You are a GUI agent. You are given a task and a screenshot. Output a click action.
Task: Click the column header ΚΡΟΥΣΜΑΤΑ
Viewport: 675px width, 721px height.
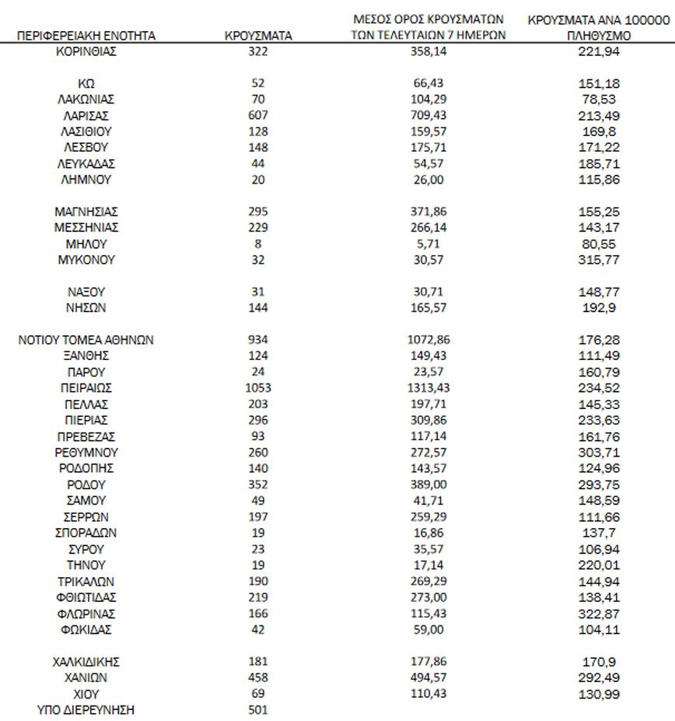pyautogui.click(x=258, y=36)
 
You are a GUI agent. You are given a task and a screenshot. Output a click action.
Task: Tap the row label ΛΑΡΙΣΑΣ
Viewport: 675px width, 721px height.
pyautogui.click(x=86, y=115)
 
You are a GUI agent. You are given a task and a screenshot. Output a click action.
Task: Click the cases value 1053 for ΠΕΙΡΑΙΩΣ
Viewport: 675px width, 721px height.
pyautogui.click(x=258, y=388)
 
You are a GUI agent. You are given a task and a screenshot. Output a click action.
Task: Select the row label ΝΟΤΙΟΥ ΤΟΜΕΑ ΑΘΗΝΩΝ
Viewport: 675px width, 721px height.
pyautogui.click(x=86, y=340)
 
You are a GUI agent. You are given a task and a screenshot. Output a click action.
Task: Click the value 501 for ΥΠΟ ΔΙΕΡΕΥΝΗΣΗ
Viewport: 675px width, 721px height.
pyautogui.click(x=258, y=709)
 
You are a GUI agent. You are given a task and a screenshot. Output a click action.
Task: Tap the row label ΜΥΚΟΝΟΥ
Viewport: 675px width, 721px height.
pyautogui.click(x=86, y=260)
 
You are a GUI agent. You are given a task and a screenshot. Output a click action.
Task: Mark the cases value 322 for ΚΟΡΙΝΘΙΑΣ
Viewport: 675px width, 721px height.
pyautogui.click(x=258, y=51)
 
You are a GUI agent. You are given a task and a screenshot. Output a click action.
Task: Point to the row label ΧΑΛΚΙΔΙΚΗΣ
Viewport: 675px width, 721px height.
pyautogui.click(x=86, y=661)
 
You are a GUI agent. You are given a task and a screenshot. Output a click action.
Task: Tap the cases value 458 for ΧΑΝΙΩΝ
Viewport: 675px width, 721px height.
pyautogui.click(x=258, y=677)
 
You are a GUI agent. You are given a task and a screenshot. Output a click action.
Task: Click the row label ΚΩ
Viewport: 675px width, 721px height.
pyautogui.click(x=86, y=83)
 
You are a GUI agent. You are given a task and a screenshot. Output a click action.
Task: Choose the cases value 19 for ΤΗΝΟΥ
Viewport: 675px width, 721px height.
pyautogui.click(x=258, y=565)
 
